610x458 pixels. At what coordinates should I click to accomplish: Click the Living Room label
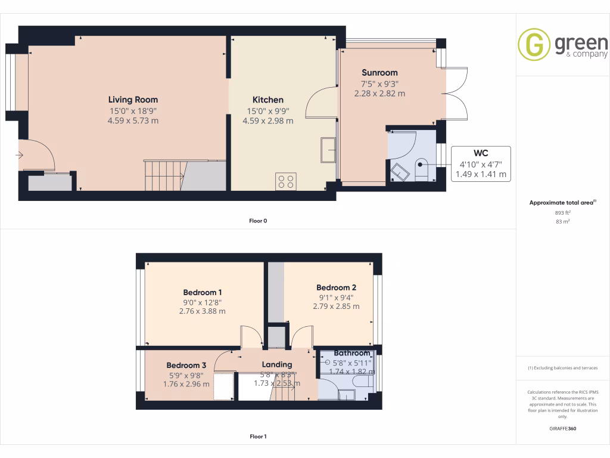[133, 100]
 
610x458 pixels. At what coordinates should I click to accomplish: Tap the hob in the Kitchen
[286, 181]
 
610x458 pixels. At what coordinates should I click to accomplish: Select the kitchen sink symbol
[328, 150]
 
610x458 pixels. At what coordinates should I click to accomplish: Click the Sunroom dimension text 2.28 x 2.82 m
[379, 94]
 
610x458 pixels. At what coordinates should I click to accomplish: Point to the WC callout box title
[481, 153]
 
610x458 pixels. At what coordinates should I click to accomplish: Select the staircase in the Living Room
[163, 175]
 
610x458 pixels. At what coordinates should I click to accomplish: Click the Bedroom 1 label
[203, 292]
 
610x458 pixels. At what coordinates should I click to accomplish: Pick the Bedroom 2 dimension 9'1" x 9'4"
[336, 297]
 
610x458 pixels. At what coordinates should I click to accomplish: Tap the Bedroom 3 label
[186, 366]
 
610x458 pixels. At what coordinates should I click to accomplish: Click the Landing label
[277, 364]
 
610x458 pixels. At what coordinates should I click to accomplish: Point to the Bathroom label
[351, 353]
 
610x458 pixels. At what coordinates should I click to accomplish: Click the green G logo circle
[534, 45]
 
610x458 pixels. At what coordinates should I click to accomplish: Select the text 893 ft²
[563, 212]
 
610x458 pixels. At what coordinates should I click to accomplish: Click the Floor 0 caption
[258, 221]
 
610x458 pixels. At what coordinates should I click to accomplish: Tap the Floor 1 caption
[258, 437]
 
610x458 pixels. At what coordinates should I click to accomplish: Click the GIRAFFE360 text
[563, 428]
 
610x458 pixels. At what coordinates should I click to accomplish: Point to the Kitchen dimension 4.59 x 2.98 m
[268, 120]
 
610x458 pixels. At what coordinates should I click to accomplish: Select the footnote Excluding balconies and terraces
[563, 368]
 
